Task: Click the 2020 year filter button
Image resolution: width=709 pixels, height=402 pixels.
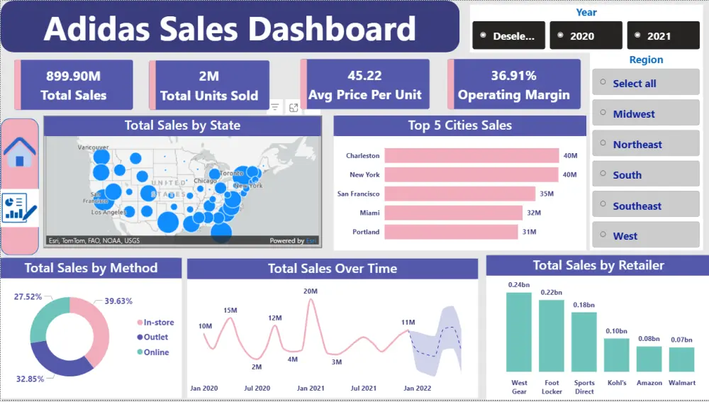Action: tap(586, 35)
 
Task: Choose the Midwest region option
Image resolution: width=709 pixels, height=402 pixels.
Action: tap(645, 114)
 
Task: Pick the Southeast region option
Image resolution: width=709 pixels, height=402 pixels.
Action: tap(645, 206)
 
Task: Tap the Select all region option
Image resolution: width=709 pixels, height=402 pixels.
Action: tap(645, 84)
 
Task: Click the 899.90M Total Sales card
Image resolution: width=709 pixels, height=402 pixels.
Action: tap(74, 85)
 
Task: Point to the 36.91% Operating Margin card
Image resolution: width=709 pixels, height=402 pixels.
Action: tap(513, 85)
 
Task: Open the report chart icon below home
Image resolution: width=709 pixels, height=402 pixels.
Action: tap(19, 208)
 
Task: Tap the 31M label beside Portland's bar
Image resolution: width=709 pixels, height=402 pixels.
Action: tap(530, 232)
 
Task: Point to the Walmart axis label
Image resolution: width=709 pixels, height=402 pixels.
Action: tap(681, 383)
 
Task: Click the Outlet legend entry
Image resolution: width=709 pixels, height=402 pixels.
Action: tap(155, 337)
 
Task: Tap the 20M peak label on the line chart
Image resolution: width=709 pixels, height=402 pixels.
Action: tap(311, 291)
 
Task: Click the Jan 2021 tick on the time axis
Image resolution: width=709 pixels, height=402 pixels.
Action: tap(311, 388)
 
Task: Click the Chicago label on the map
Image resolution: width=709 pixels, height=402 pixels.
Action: tap(205, 181)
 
